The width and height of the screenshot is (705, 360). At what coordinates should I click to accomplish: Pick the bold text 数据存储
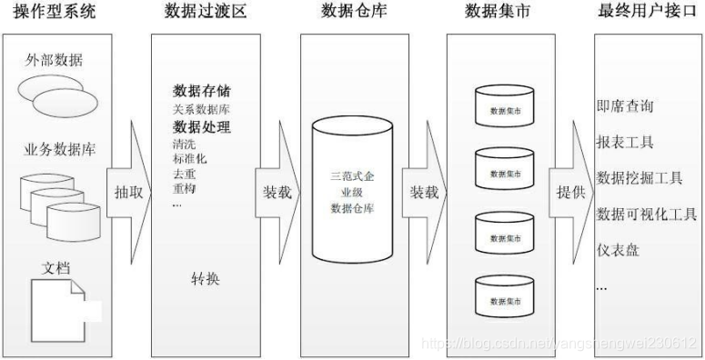click(201, 91)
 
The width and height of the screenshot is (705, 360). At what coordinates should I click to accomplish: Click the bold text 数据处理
click(201, 125)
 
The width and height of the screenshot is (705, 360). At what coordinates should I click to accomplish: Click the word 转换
click(205, 278)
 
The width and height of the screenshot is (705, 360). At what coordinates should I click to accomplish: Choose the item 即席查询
click(625, 107)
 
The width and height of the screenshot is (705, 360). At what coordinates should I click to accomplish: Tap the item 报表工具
click(625, 143)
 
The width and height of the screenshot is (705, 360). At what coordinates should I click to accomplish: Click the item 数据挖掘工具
click(638, 177)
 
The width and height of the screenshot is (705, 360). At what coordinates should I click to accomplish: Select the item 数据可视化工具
click(646, 214)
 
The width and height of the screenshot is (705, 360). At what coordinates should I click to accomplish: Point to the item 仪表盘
click(618, 249)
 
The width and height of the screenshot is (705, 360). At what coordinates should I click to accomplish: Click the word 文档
click(57, 269)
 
